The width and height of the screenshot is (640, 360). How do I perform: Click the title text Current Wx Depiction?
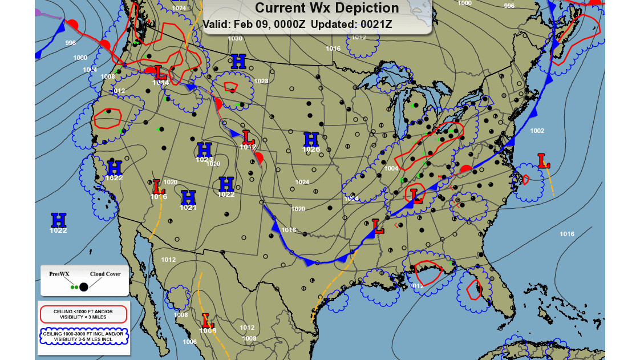click(326, 8)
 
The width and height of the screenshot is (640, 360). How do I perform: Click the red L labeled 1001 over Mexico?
click(207, 320)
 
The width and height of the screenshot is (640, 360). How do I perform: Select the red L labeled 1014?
click(161, 73)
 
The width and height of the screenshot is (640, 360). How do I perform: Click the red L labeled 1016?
click(159, 187)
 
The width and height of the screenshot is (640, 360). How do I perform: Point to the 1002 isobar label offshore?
click(537, 131)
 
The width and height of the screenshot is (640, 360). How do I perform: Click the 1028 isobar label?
click(261, 81)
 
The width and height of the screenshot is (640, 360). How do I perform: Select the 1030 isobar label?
click(235, 38)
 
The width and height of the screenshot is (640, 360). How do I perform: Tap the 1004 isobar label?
click(391, 168)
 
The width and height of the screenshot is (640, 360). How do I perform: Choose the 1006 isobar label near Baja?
click(190, 342)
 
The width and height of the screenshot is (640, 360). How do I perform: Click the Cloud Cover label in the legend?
click(106, 274)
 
